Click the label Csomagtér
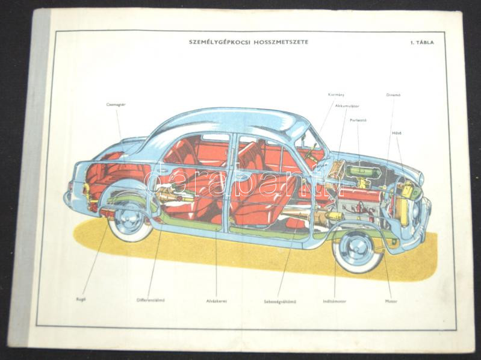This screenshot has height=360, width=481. pyautogui.click(x=116, y=104)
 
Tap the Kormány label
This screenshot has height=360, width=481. pyautogui.click(x=336, y=95)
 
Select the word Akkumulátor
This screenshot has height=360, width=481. pyautogui.click(x=346, y=105)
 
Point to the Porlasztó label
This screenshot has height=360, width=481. pyautogui.click(x=359, y=120)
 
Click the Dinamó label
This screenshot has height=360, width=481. pyautogui.click(x=394, y=95)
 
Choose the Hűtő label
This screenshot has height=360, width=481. pyautogui.click(x=397, y=132)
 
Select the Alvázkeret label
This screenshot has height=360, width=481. pyautogui.click(x=216, y=300)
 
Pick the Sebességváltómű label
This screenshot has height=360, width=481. pyautogui.click(x=278, y=300)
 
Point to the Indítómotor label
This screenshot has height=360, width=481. pyautogui.click(x=335, y=300)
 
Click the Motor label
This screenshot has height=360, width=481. pyautogui.click(x=391, y=300)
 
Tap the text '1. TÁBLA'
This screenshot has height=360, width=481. pyautogui.click(x=422, y=43)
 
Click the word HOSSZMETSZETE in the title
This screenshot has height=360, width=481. pyautogui.click(x=277, y=42)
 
